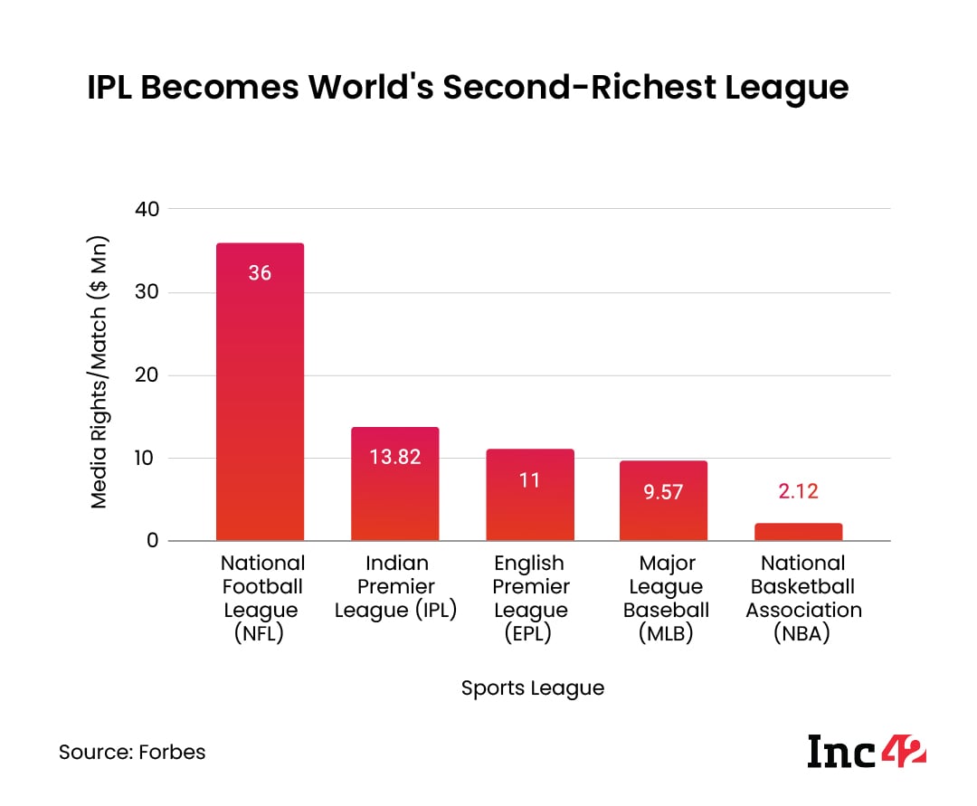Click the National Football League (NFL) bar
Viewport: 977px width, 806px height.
tap(260, 398)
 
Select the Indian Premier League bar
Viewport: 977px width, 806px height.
tap(395, 488)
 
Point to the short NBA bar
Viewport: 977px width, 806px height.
tap(800, 532)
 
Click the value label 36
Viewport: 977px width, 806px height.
tap(260, 272)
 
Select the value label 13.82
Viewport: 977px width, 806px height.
tap(395, 457)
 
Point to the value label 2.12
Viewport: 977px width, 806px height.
tap(800, 491)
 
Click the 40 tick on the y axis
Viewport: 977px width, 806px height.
tap(147, 209)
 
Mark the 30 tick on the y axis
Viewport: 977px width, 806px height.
tap(147, 292)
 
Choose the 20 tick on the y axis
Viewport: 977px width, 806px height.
tap(147, 375)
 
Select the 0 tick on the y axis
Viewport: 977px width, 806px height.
tap(152, 541)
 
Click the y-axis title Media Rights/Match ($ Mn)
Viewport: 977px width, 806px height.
tap(100, 373)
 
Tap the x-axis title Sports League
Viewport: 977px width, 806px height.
tap(532, 687)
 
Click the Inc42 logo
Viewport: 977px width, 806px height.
tap(866, 751)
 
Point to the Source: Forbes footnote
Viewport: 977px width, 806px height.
tap(132, 752)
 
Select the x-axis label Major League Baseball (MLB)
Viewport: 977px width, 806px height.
tap(666, 599)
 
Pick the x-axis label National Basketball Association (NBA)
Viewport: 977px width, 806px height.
tap(803, 599)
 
